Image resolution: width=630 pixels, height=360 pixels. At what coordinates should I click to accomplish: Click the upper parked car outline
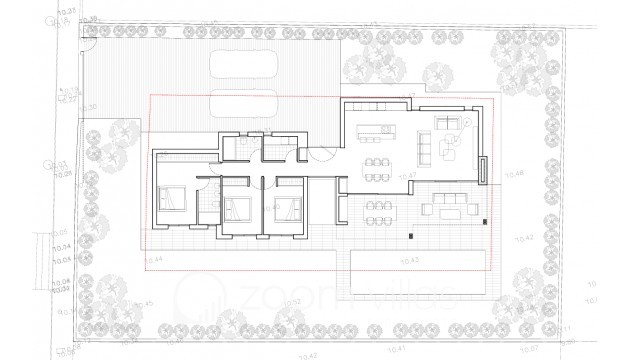(246, 65)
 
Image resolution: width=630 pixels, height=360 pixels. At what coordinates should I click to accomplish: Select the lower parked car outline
(246, 103)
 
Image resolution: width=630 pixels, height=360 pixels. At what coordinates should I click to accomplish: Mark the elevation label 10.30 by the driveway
(89, 105)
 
